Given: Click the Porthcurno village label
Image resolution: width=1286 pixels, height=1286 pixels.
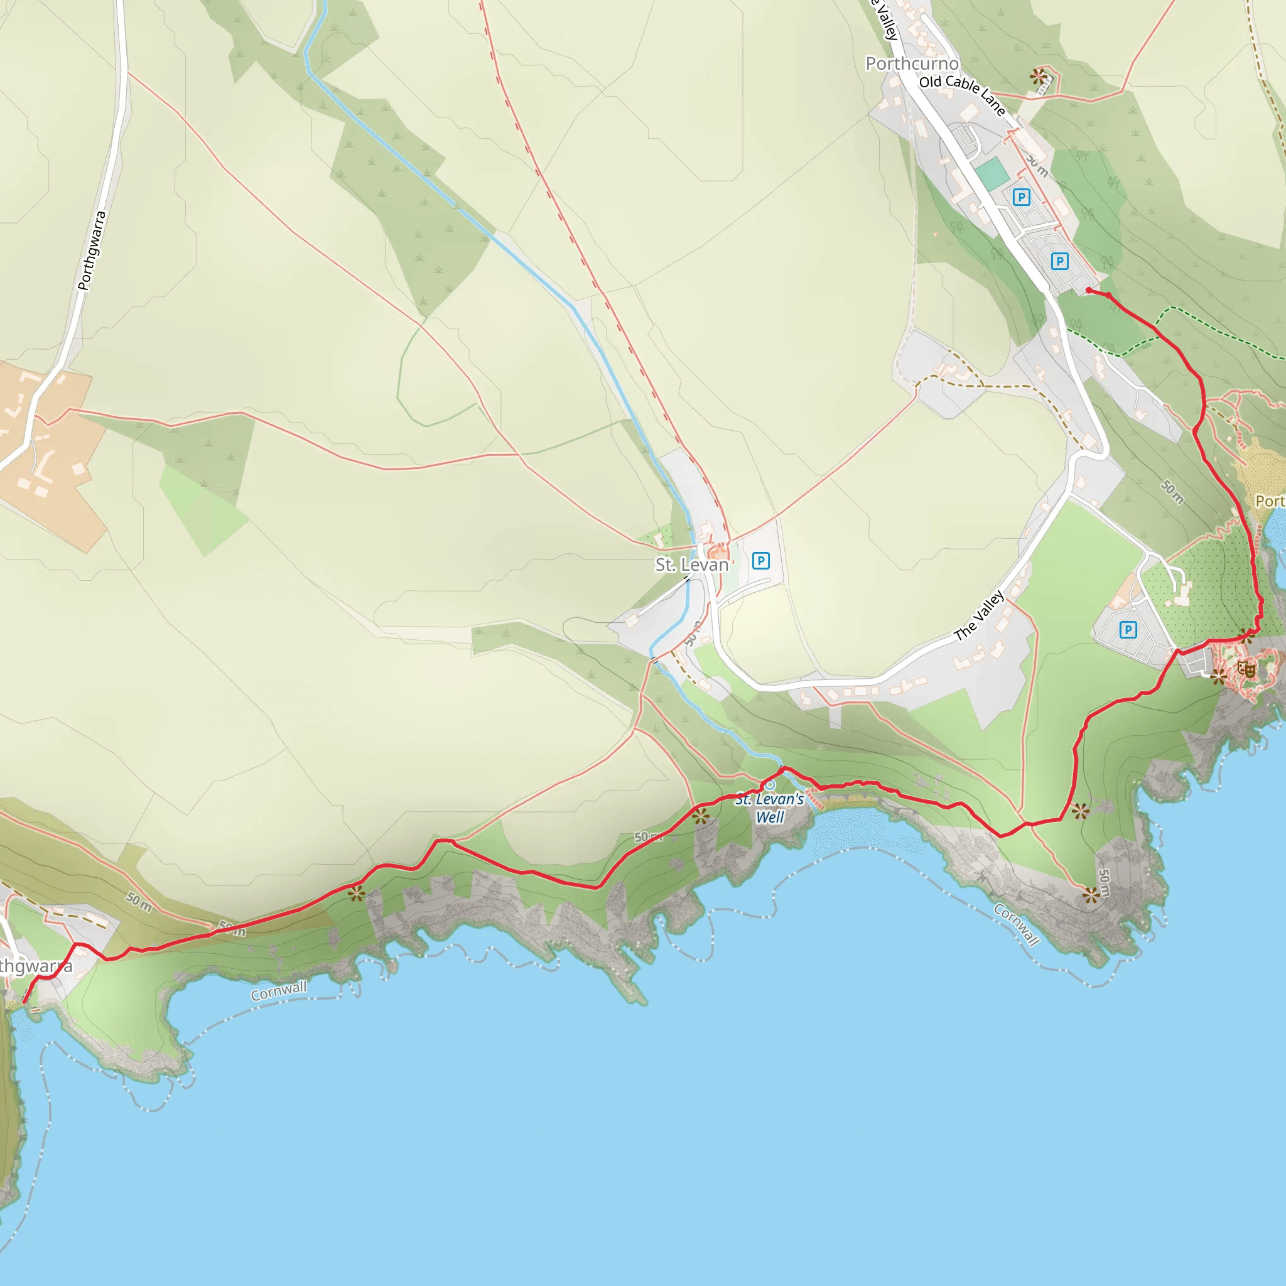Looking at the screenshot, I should [x=912, y=64].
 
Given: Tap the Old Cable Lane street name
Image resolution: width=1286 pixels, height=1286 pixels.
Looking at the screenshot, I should [x=963, y=95].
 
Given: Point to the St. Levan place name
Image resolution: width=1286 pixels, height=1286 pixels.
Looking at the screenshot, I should [x=691, y=565].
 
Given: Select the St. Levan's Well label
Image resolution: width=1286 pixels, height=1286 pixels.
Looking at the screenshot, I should [x=769, y=808].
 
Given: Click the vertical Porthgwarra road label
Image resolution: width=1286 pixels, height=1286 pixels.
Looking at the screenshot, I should [x=92, y=251].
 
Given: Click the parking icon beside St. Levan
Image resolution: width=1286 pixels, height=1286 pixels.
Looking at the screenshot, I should [x=761, y=561].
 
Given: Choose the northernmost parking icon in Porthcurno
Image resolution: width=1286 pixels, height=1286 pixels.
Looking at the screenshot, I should [x=1021, y=197].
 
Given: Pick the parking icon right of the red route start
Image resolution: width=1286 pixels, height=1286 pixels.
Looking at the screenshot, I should [x=1060, y=261].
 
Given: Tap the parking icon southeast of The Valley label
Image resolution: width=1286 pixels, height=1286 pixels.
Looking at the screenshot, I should [x=1128, y=630].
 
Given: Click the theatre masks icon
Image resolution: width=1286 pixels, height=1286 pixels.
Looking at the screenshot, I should [x=1246, y=668].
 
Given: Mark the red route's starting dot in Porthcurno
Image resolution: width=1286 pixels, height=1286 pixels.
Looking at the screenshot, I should [x=1088, y=290].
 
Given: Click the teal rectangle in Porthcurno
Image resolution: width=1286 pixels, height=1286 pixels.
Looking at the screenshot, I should [x=993, y=174].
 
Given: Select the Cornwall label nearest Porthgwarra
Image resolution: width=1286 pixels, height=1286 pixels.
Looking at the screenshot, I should [x=278, y=991].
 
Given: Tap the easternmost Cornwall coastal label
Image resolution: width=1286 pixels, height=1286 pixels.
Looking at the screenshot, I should [x=1017, y=924].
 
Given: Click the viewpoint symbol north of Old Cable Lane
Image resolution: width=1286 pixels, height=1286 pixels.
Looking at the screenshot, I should [x=1038, y=76].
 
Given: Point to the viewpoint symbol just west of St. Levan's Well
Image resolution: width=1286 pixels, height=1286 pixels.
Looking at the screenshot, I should [x=700, y=816].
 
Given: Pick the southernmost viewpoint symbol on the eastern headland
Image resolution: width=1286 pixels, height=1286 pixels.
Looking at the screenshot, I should [x=1090, y=895].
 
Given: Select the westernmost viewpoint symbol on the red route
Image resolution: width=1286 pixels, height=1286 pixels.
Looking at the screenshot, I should [x=357, y=894].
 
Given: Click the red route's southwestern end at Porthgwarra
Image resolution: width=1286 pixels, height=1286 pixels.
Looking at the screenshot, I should [x=24, y=1002].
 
